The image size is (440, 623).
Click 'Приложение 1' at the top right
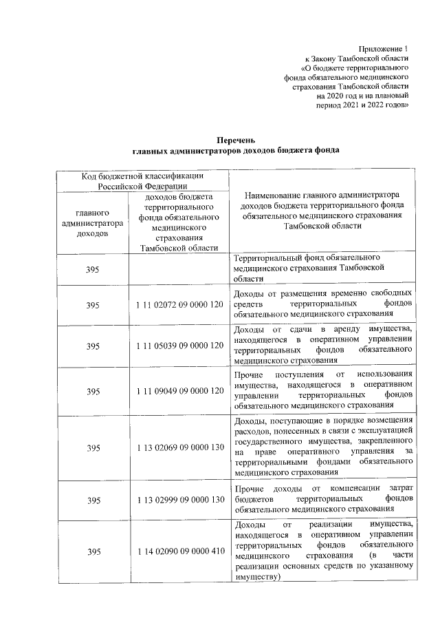point(384,49)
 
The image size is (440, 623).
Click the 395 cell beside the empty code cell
point(93,269)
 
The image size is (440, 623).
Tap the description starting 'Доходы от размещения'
point(323,304)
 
